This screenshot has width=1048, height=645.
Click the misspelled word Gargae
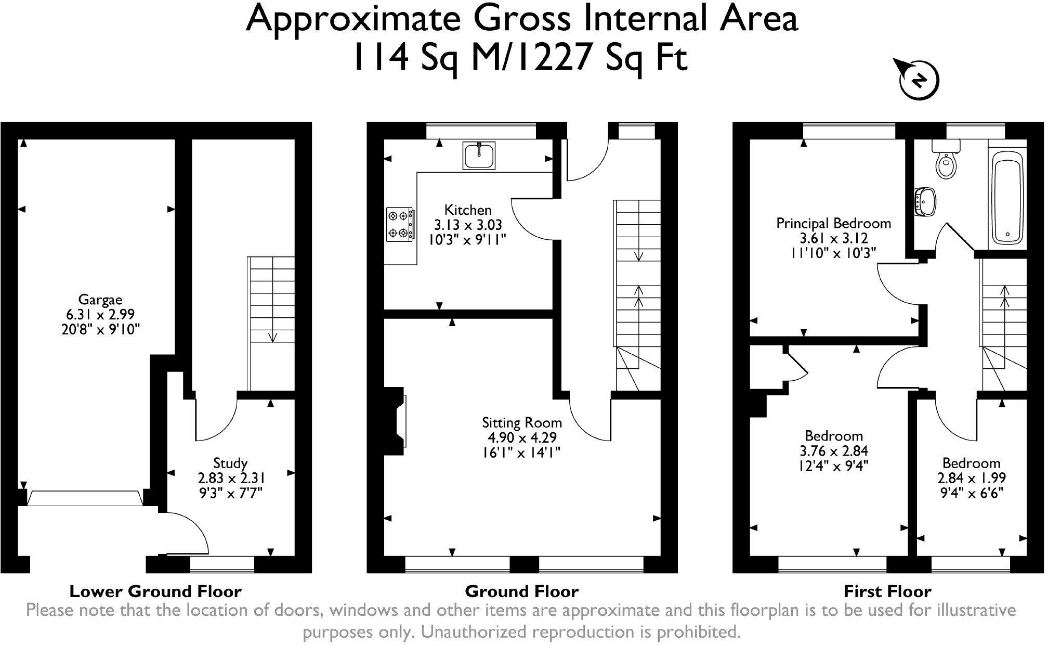click(x=100, y=300)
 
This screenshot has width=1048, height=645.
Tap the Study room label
click(x=230, y=463)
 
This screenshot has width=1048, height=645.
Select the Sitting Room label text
click(x=522, y=422)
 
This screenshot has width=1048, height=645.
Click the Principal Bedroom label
click(x=833, y=224)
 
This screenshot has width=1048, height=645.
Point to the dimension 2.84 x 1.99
click(x=971, y=478)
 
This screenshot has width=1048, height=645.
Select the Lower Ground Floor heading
click(x=155, y=591)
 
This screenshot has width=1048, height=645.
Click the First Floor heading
click(x=887, y=591)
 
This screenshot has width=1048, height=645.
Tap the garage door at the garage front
click(x=85, y=498)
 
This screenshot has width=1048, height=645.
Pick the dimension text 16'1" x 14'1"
click(x=522, y=453)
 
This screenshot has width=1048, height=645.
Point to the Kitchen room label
click(x=468, y=210)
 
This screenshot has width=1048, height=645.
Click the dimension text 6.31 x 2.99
click(x=100, y=314)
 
